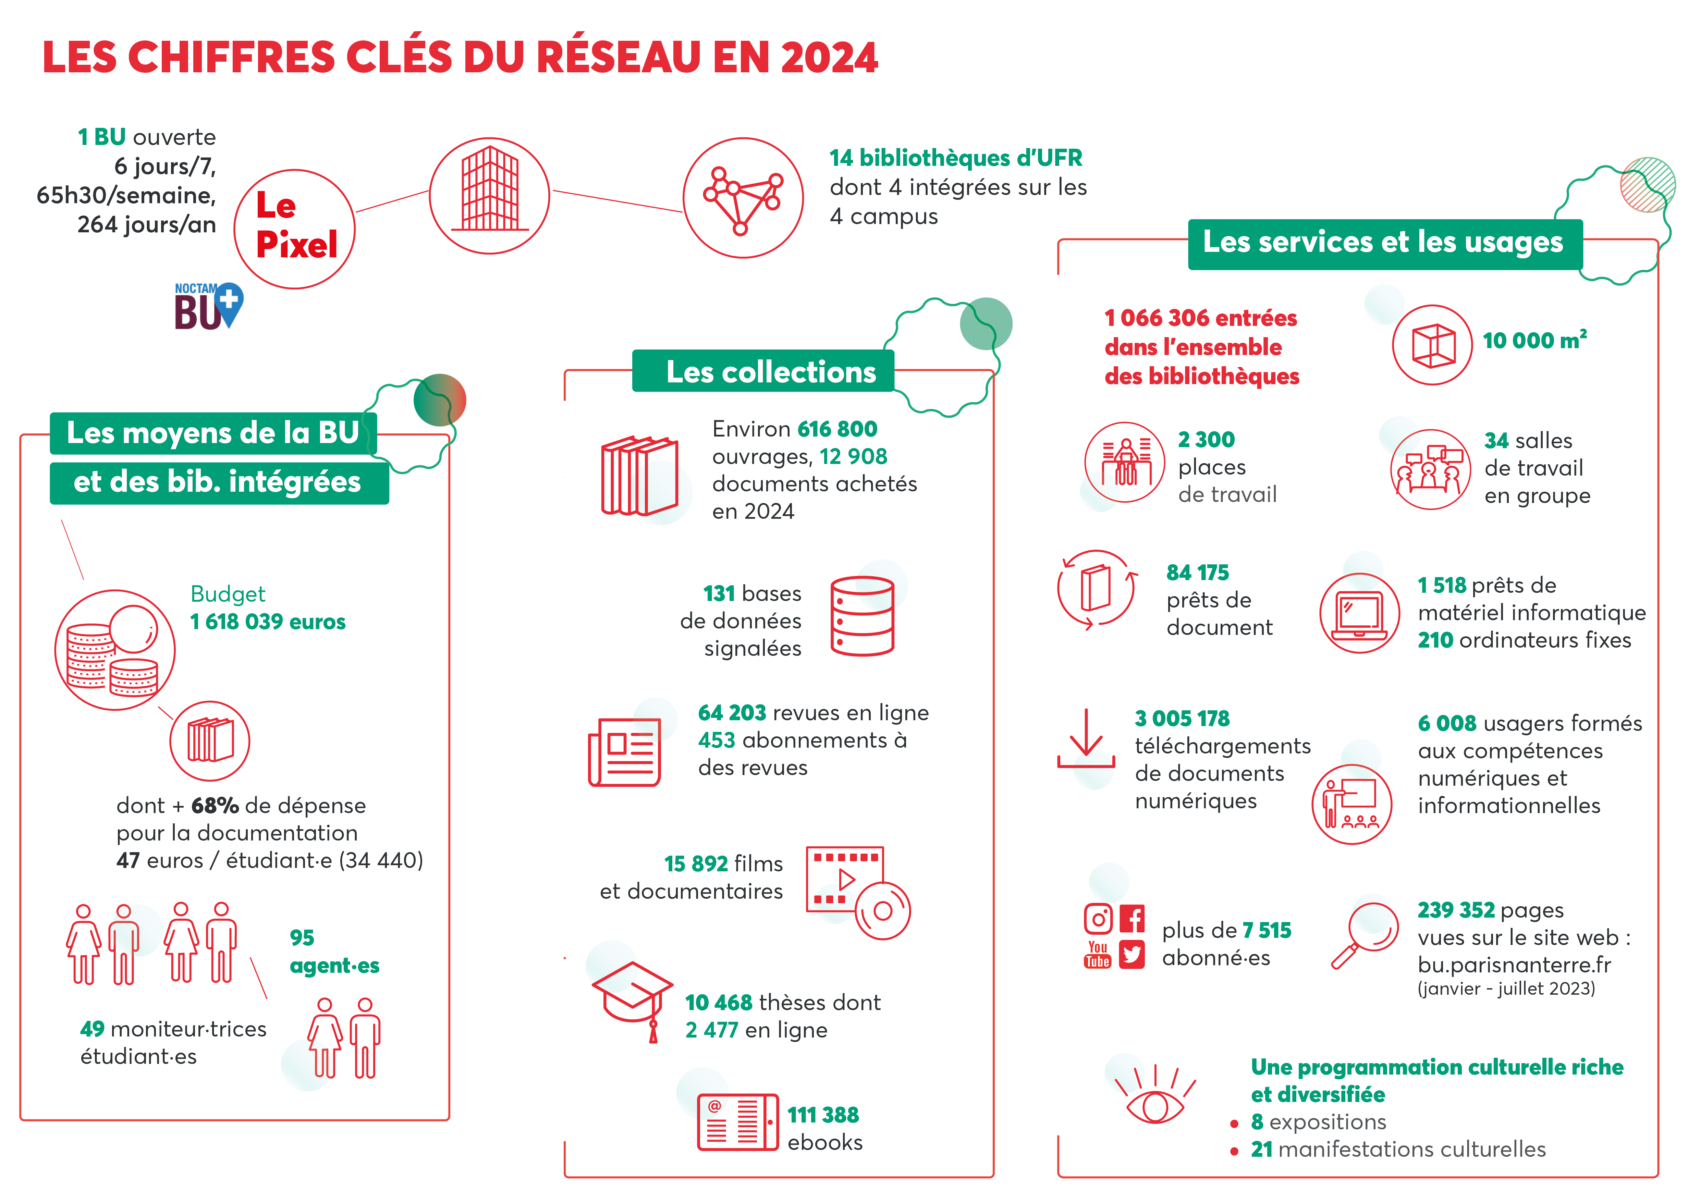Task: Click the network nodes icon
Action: pyautogui.click(x=743, y=198)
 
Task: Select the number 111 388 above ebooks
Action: pyautogui.click(x=823, y=1115)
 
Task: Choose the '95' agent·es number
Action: pyautogui.click(x=302, y=938)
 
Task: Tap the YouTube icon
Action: pyautogui.click(x=1097, y=955)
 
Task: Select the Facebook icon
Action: pyautogui.click(x=1132, y=919)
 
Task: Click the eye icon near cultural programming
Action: pyautogui.click(x=1154, y=1101)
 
